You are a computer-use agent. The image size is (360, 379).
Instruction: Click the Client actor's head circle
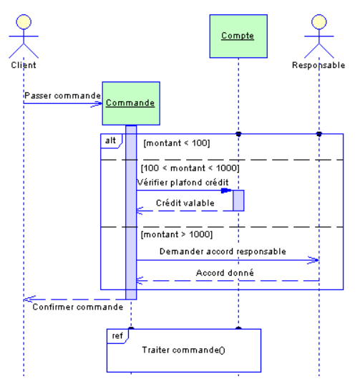[x=24, y=21]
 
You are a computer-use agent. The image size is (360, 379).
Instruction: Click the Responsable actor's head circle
[x=318, y=21]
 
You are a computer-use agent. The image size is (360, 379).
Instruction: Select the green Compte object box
[x=238, y=34]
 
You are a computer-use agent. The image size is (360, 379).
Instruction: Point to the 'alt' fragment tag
[x=110, y=142]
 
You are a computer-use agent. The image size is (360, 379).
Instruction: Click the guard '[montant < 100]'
[x=176, y=143]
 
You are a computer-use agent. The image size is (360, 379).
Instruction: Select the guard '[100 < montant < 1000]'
[x=190, y=168]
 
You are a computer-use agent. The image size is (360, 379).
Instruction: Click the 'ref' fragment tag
[x=116, y=335]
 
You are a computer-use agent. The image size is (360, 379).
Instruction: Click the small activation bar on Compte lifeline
[x=238, y=201]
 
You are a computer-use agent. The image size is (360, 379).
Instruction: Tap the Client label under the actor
[x=24, y=64]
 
